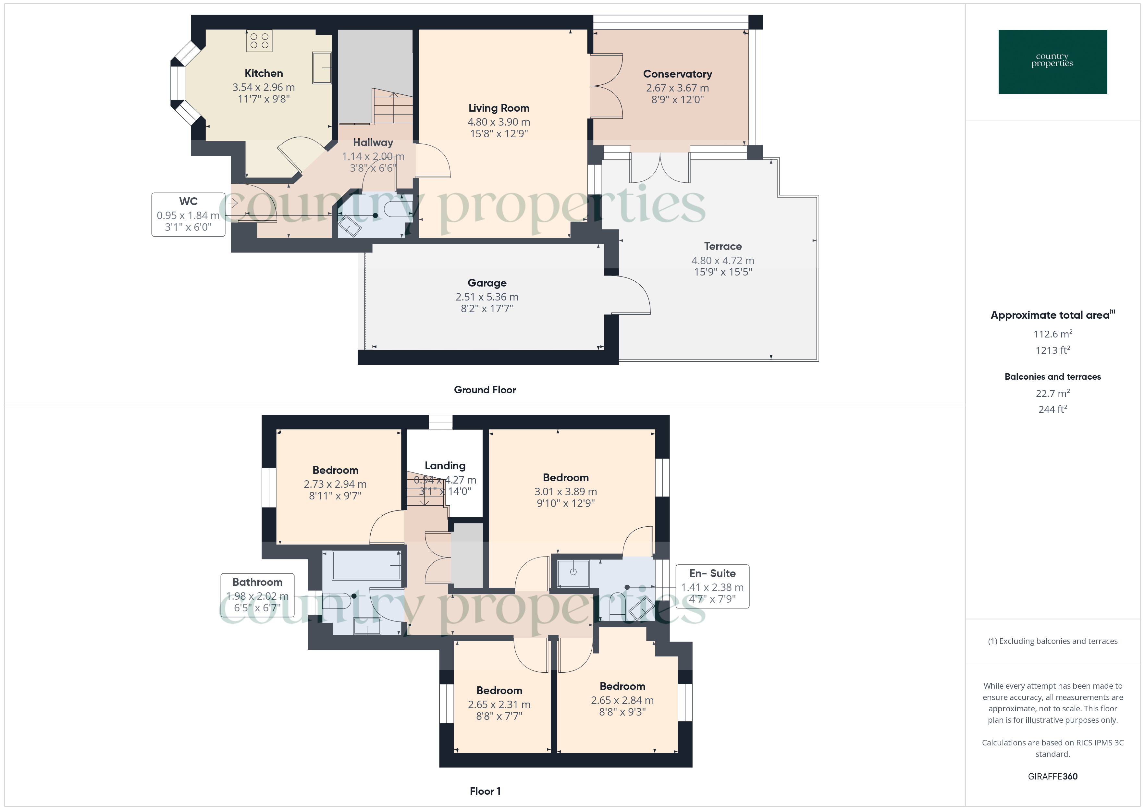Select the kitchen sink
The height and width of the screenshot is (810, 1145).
coord(322,67)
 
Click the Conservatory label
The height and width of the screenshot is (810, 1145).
coord(677,74)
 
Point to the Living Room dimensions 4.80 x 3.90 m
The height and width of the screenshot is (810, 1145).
coord(499,122)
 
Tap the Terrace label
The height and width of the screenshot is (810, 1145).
coord(723,246)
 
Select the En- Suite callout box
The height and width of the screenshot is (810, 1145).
coord(712,586)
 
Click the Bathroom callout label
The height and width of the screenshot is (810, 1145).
coord(257,582)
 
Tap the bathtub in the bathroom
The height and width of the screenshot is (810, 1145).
coord(366,566)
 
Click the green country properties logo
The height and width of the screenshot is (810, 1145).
coord(1052,62)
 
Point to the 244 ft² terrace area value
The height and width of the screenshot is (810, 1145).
coord(1052,409)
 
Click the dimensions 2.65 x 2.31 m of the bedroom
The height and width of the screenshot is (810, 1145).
coord(499,704)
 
